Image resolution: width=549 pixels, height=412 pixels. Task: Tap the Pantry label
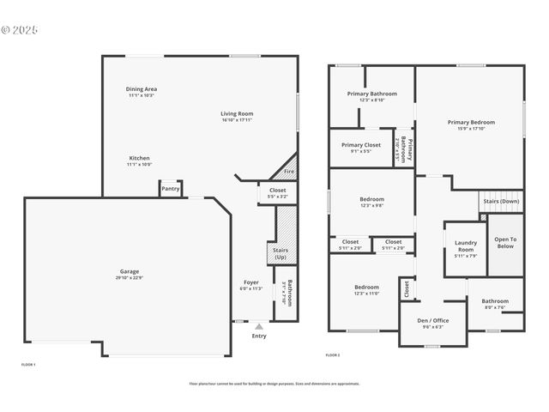(171, 189)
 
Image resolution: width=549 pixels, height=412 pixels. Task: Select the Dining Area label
(142, 88)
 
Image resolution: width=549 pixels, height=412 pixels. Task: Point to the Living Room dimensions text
(237, 120)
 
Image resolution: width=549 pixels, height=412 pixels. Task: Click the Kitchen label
(140, 158)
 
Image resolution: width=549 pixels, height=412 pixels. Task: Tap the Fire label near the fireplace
(289, 172)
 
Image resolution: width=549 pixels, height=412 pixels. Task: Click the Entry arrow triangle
(259, 326)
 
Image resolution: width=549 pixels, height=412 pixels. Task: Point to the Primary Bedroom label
(471, 122)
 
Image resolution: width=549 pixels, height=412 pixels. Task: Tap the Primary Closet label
(361, 144)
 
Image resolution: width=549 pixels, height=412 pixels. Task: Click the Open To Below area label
(505, 242)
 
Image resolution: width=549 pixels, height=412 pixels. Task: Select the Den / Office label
(432, 320)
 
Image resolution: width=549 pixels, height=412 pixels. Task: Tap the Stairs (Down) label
(501, 201)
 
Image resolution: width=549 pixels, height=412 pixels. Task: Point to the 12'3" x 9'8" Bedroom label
(371, 199)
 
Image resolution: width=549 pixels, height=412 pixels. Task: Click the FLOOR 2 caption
(333, 354)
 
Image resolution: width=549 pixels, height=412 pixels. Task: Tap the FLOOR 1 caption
(28, 364)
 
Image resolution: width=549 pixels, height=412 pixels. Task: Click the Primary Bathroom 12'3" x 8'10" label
(371, 93)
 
